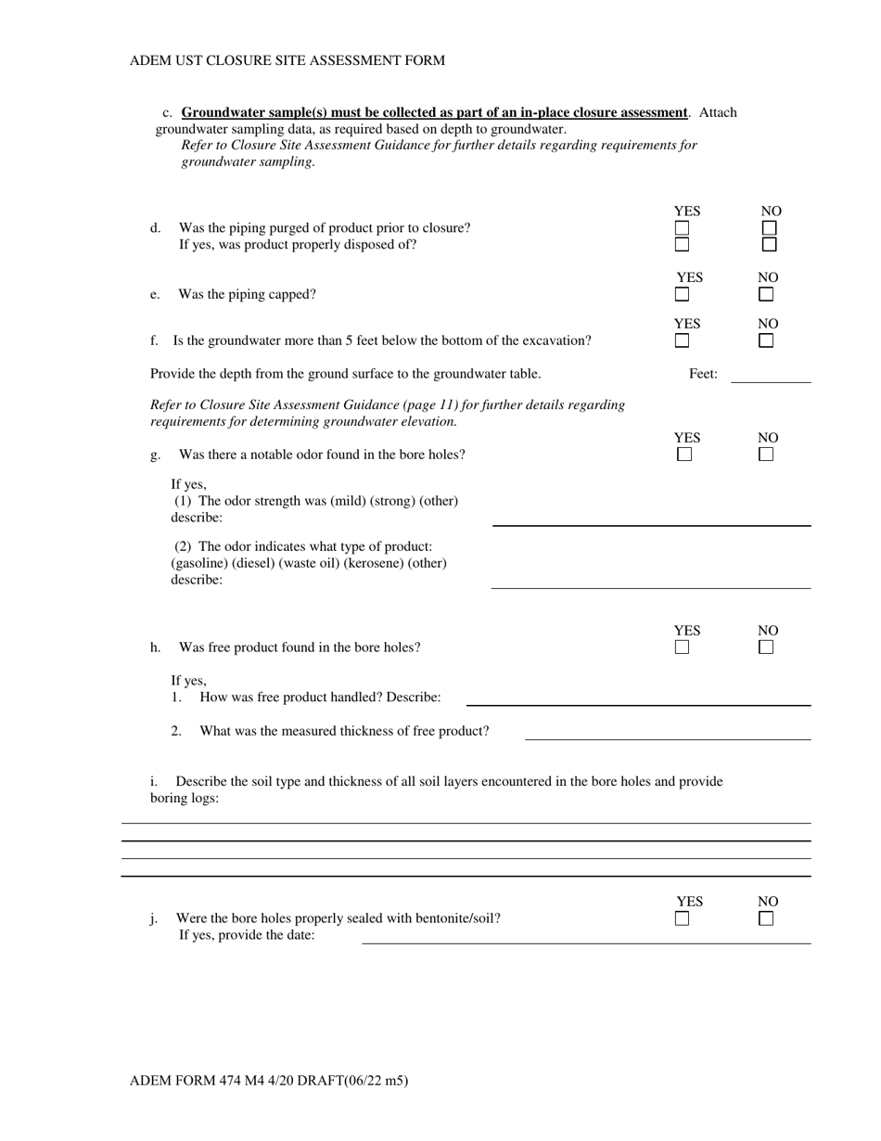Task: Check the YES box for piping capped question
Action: (x=683, y=295)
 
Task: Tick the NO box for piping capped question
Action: (x=766, y=295)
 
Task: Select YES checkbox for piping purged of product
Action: (x=683, y=227)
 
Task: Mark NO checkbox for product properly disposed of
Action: (x=769, y=245)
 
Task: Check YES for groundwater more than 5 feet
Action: (x=683, y=341)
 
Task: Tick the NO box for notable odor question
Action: (x=766, y=455)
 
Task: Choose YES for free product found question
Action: (x=683, y=647)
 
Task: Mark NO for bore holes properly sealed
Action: (x=766, y=919)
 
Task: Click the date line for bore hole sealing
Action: (x=584, y=941)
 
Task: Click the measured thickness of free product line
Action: (x=668, y=737)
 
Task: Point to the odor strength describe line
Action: (x=651, y=523)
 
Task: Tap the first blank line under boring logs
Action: (x=466, y=822)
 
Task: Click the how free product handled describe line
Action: (x=638, y=703)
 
